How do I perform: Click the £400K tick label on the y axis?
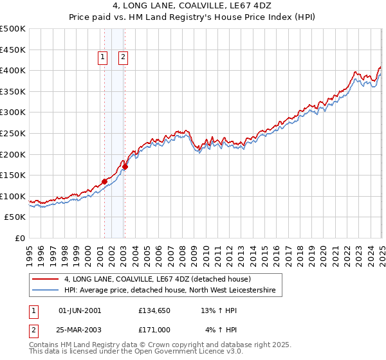click(x=13, y=70)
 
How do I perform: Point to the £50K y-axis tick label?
click(x=15, y=217)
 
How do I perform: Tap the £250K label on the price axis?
click(x=13, y=133)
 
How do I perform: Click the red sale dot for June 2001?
click(x=104, y=181)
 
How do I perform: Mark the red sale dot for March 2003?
click(x=125, y=166)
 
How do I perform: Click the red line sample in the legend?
click(x=46, y=280)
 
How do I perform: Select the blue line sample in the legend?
click(x=46, y=291)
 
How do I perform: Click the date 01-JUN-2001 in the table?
click(x=80, y=310)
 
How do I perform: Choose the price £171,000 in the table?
click(x=154, y=330)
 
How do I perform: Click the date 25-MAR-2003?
click(x=80, y=330)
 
